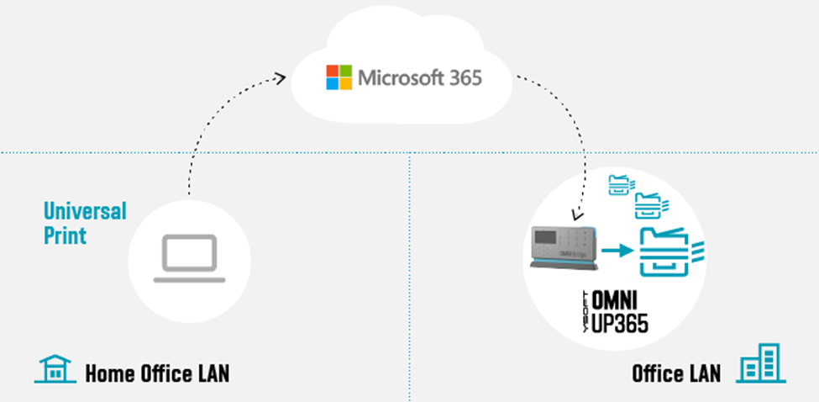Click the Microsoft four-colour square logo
(339, 78)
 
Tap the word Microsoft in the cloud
(402, 78)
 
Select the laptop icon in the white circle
(191, 258)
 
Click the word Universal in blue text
(85, 210)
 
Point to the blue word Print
(66, 235)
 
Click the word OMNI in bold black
(621, 301)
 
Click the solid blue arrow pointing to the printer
(618, 250)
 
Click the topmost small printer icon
(621, 183)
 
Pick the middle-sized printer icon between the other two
(649, 205)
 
